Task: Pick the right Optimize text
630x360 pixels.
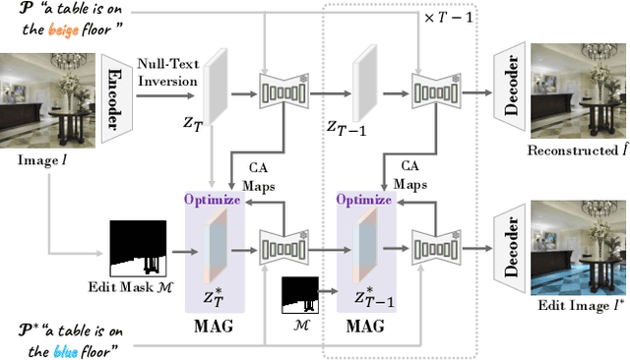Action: click(365, 198)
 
